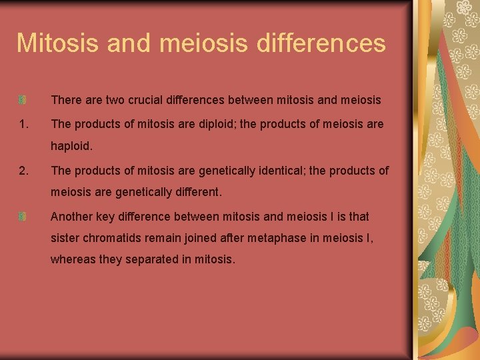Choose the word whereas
tap(73, 259)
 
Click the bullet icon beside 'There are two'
tap(23, 100)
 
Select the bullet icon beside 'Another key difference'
tap(23, 217)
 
